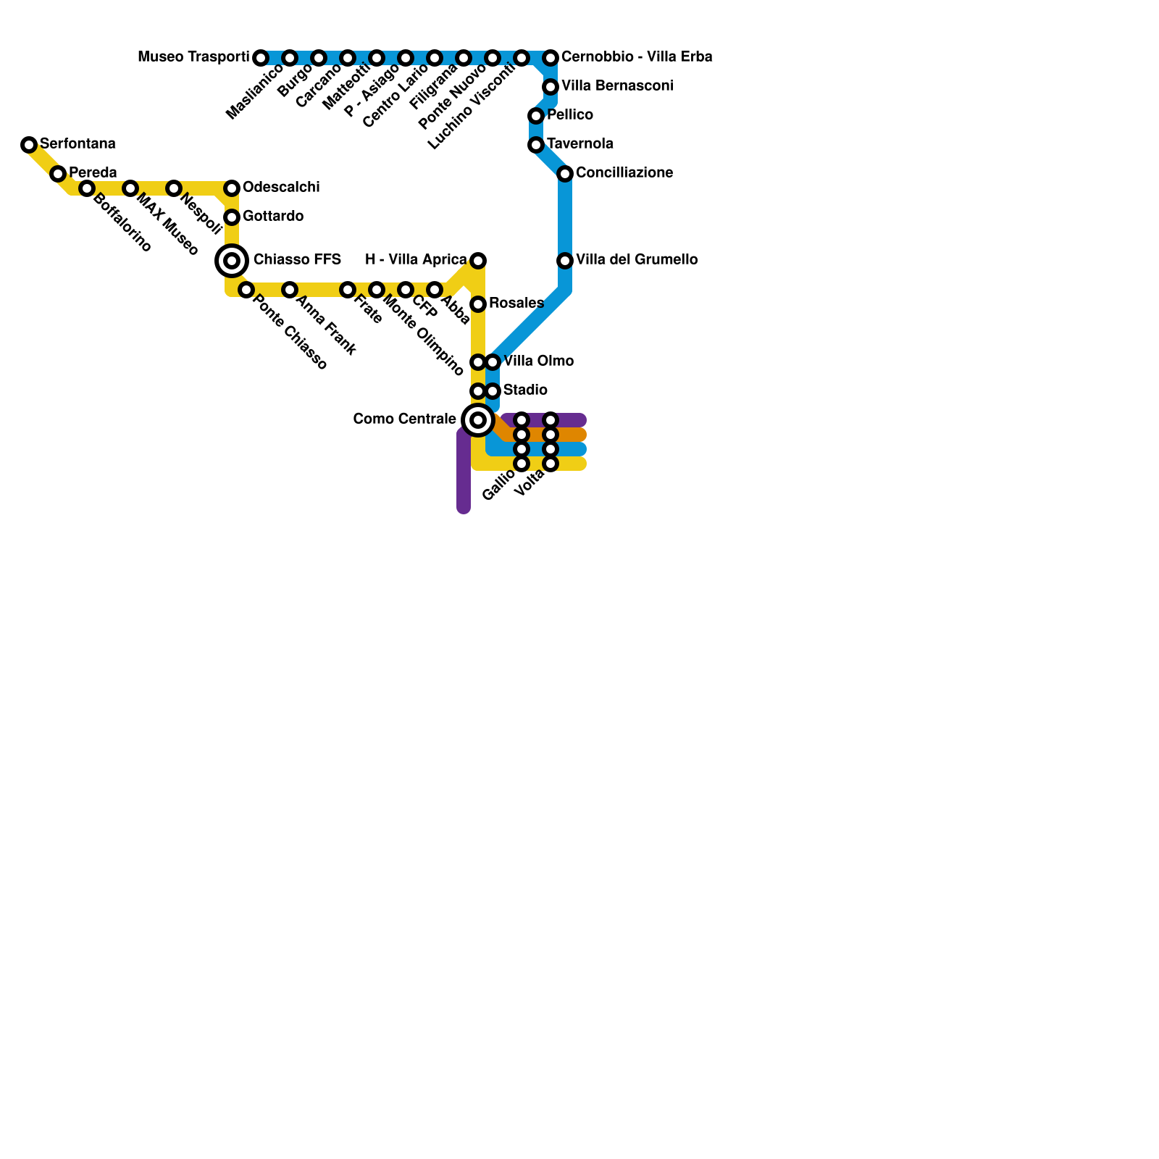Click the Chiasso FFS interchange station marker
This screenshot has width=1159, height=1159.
(232, 261)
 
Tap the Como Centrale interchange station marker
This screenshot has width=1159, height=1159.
(478, 420)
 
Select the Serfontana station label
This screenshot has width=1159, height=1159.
(78, 144)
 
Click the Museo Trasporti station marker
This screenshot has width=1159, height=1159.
(261, 58)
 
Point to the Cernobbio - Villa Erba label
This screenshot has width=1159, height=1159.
(637, 57)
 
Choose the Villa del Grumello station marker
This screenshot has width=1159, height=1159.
(565, 261)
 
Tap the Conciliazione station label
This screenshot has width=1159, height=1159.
(624, 173)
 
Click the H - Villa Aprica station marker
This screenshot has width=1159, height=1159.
(478, 261)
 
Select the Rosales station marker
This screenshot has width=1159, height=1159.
(478, 304)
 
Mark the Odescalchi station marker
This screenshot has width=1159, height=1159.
(232, 188)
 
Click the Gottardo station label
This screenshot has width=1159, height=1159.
(273, 217)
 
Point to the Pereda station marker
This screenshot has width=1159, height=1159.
(58, 174)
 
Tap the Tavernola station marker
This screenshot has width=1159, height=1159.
(536, 145)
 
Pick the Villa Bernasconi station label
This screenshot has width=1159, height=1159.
(617, 86)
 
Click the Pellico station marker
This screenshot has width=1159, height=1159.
(536, 116)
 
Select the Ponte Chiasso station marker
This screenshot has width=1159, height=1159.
(246, 290)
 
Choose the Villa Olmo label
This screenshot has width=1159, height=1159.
(538, 361)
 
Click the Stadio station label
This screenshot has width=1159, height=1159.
(525, 390)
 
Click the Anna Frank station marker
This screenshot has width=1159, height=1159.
(290, 290)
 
